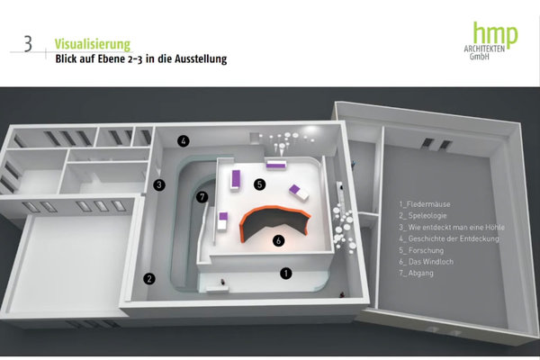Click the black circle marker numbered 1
[x=286, y=274]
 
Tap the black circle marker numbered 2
[x=149, y=279]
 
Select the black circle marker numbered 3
[x=159, y=185]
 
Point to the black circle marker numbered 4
[x=184, y=141]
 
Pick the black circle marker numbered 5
[x=260, y=184]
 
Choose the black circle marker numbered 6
[x=279, y=240]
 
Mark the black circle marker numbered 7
[x=202, y=197]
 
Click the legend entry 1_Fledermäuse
[x=425, y=204]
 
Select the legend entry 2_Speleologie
[x=423, y=216]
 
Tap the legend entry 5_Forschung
[x=421, y=250]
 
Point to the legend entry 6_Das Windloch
[x=427, y=262]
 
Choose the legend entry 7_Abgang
[x=416, y=274]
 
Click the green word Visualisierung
[x=93, y=44]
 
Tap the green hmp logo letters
[x=495, y=34]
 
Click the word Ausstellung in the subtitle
[x=201, y=58]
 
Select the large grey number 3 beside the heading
[x=28, y=44]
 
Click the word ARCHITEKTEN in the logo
[x=484, y=49]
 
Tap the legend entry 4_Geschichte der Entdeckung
[x=449, y=238]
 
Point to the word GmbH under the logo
[x=479, y=57]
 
